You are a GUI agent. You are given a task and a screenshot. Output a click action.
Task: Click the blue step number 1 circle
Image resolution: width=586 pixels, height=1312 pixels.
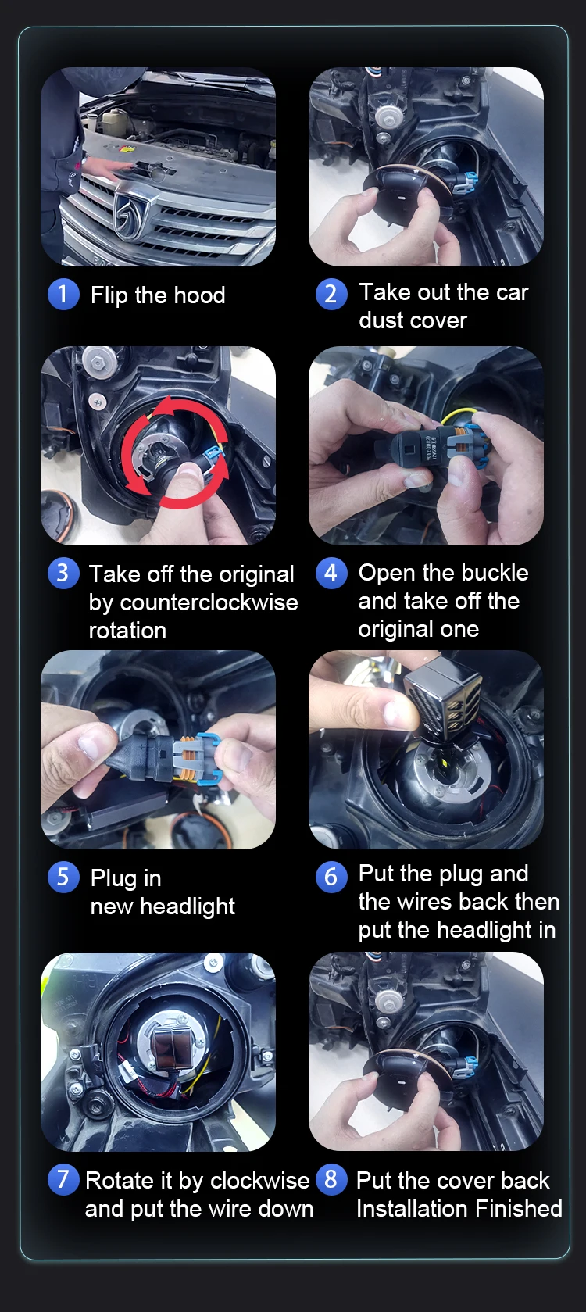coord(63,294)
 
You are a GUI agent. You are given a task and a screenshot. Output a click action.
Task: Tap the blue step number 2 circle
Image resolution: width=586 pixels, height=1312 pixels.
coord(331,294)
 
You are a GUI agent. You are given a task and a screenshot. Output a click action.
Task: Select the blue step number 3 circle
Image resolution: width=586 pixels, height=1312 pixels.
coord(63,573)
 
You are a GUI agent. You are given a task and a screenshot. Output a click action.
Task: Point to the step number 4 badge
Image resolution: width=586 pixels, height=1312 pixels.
coord(331,573)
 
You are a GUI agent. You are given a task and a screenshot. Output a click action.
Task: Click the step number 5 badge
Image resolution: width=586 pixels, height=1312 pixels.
coord(63,877)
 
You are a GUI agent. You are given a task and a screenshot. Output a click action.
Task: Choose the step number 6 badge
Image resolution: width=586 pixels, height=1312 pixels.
coord(331,877)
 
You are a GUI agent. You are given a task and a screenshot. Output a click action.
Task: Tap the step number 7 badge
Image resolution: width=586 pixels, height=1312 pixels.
coord(63,1179)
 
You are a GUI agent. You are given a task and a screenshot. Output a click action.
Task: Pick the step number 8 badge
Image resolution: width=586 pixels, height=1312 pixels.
coord(331,1179)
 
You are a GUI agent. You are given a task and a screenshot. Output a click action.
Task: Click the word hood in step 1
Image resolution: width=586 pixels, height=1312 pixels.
coord(198,295)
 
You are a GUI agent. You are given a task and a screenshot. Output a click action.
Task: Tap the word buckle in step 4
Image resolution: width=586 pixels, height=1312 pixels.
coord(496,572)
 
